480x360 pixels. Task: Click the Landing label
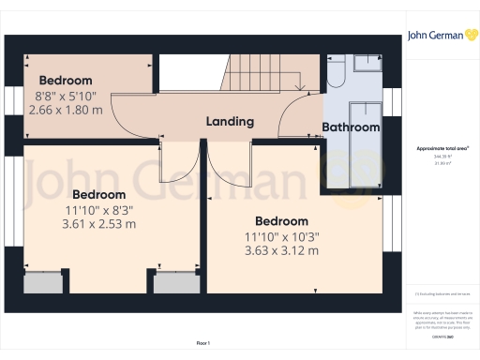[230, 122]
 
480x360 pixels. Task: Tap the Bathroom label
[351, 127]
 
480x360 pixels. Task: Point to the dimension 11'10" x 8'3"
[98, 210]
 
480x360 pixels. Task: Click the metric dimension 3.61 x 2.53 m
[98, 224]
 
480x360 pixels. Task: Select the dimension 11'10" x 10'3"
[281, 236]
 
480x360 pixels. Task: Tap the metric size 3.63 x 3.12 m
[281, 251]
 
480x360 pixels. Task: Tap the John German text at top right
[432, 36]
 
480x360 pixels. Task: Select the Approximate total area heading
[442, 149]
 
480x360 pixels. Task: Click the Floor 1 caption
[202, 343]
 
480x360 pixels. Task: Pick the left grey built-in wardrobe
[40, 282]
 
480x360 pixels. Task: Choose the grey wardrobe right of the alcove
[172, 282]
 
